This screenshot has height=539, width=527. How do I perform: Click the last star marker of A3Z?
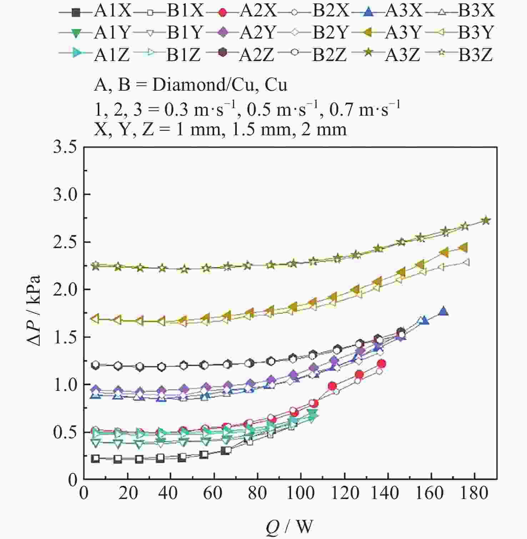pyautogui.click(x=486, y=221)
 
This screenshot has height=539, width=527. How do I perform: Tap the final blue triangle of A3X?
pyautogui.click(x=443, y=311)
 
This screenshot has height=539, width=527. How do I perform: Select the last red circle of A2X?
pyautogui.click(x=381, y=364)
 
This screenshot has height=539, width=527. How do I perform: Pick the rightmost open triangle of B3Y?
pyautogui.click(x=465, y=262)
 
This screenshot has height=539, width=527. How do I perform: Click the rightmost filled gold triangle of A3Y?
pyautogui.click(x=463, y=248)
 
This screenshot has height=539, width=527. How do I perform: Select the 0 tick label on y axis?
pyautogui.click(x=73, y=479)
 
